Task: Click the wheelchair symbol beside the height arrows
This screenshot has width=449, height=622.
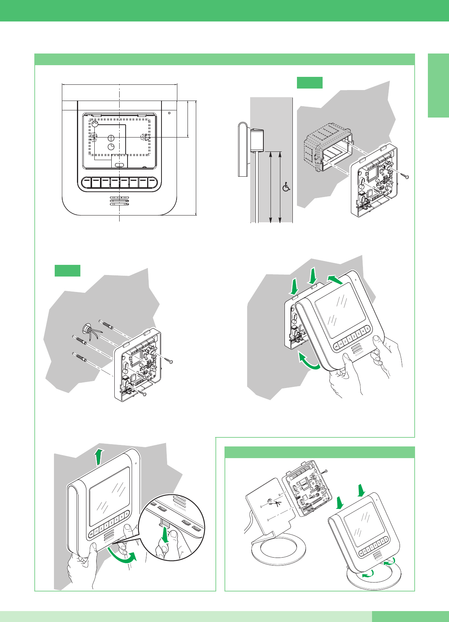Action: click(x=286, y=186)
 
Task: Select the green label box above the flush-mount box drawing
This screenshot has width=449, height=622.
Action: click(x=309, y=83)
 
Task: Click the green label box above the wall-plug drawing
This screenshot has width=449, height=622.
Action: click(x=68, y=271)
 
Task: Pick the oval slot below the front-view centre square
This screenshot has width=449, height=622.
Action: click(x=119, y=165)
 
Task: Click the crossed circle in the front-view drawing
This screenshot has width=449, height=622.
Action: click(x=111, y=138)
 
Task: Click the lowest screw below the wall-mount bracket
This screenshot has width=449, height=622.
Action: click(x=143, y=394)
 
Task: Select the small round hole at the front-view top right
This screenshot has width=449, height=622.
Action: click(x=169, y=113)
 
